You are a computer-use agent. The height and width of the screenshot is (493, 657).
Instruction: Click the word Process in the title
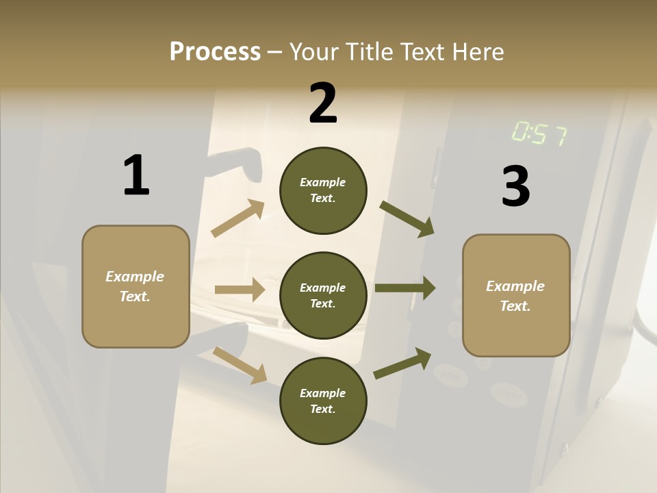[215, 52]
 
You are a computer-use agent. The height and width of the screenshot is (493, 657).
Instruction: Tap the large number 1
[136, 176]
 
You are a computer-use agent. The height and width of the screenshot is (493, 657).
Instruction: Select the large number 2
[323, 103]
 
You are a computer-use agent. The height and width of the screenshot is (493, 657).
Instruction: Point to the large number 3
[515, 187]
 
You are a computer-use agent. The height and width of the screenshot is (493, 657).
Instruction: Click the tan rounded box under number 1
[136, 286]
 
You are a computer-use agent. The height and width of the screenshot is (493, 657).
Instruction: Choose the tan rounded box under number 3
[516, 296]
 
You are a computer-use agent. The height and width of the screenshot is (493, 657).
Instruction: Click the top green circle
[323, 190]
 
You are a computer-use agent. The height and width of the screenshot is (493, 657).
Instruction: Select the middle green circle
[323, 295]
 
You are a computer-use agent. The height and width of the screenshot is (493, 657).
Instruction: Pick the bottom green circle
[323, 401]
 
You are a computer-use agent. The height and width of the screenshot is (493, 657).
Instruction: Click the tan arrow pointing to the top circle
[237, 218]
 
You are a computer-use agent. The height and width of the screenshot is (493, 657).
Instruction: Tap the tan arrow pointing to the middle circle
[240, 290]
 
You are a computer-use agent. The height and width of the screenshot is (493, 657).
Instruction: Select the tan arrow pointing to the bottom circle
[240, 364]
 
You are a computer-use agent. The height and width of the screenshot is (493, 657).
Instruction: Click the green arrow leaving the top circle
[407, 218]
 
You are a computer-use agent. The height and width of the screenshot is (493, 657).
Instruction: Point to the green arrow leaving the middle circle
[404, 288]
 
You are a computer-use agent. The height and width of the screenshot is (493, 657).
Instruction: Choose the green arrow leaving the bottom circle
[402, 363]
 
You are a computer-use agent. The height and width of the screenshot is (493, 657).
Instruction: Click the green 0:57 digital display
[539, 134]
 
